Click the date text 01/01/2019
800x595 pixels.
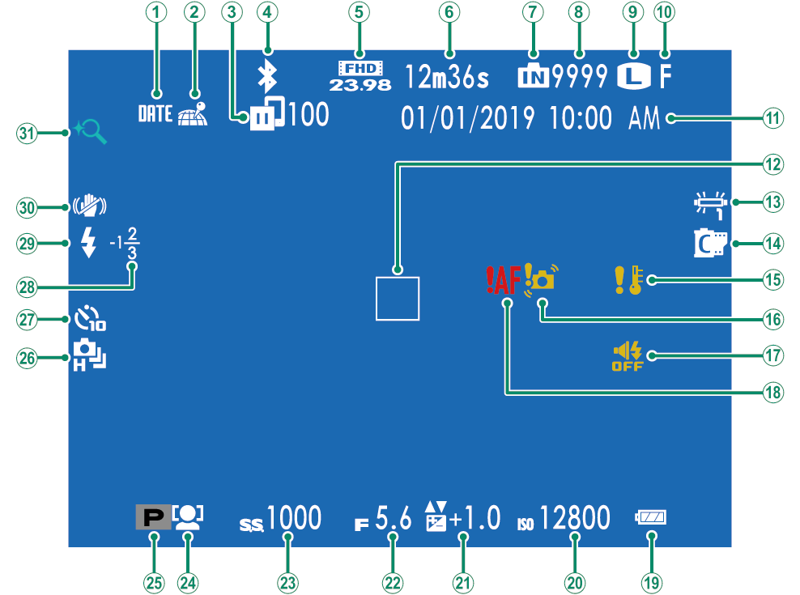tap(467, 118)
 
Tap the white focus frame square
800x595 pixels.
tap(398, 298)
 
